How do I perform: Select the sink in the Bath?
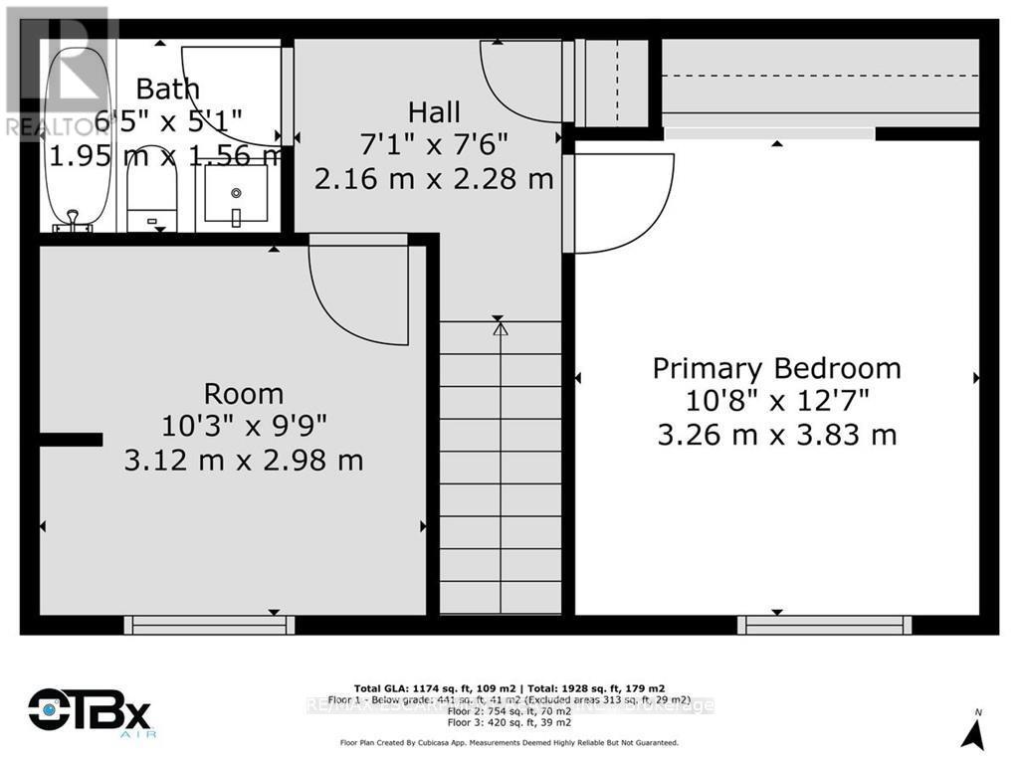pos(236,194)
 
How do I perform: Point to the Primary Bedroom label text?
pos(776,368)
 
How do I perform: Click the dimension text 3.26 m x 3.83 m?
pos(776,435)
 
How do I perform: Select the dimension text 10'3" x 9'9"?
pos(244,426)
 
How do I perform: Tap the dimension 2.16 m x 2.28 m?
pos(434,179)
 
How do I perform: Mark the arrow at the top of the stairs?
pos(500,326)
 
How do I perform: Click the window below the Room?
pos(209,625)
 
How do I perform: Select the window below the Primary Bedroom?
pos(824,625)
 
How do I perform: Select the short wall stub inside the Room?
pos(71,439)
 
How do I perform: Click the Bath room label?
pos(167,88)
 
